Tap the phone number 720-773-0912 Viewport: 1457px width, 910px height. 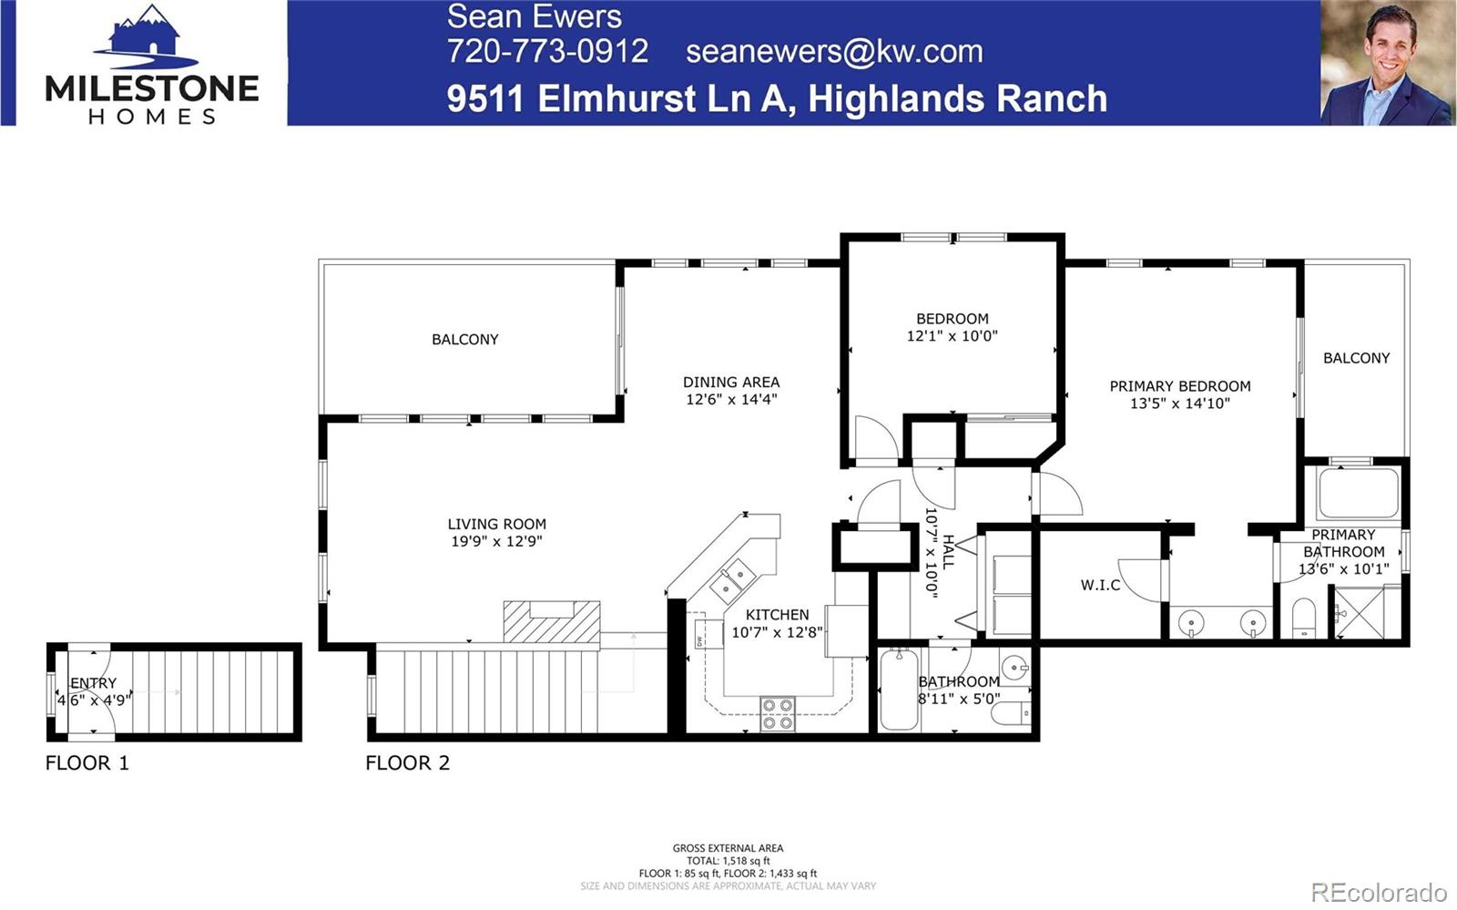tap(547, 51)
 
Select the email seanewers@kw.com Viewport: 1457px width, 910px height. tap(834, 51)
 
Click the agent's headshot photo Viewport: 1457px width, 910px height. tap(1387, 63)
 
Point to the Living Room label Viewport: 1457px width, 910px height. tap(496, 524)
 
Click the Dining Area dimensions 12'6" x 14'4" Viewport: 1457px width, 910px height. tap(731, 399)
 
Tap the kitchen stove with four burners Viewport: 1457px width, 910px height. tap(777, 713)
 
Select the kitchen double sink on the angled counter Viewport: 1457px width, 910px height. tap(732, 581)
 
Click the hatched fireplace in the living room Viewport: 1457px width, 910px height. tap(552, 621)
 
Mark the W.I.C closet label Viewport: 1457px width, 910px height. tap(1100, 585)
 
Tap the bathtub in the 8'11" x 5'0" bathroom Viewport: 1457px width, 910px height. tap(899, 690)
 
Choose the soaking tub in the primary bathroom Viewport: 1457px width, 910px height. tap(1358, 492)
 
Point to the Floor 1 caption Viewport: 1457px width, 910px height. tap(87, 763)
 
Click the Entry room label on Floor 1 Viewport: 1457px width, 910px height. tap(93, 683)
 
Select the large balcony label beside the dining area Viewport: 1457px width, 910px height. tap(464, 340)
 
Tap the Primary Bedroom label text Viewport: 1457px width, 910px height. tap(1179, 386)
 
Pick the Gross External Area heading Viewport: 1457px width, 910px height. tap(728, 848)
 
